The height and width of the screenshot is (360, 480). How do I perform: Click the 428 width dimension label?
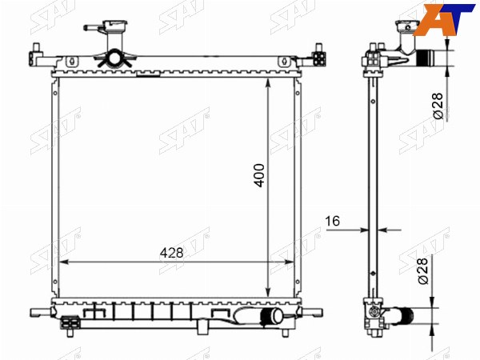tap(172, 253)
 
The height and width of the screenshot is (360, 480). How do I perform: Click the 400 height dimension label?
tap(259, 175)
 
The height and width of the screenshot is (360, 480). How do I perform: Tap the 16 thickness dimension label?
tap(333, 221)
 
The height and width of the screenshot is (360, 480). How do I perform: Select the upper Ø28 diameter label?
tap(438, 106)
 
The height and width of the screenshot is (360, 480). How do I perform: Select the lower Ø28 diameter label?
tap(422, 271)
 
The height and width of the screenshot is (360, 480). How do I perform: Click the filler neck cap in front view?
tap(115, 25)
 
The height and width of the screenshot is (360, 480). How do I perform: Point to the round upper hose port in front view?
tap(114, 58)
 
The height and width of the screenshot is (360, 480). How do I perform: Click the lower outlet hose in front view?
tap(271, 316)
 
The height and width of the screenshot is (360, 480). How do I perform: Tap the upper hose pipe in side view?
tap(425, 58)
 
